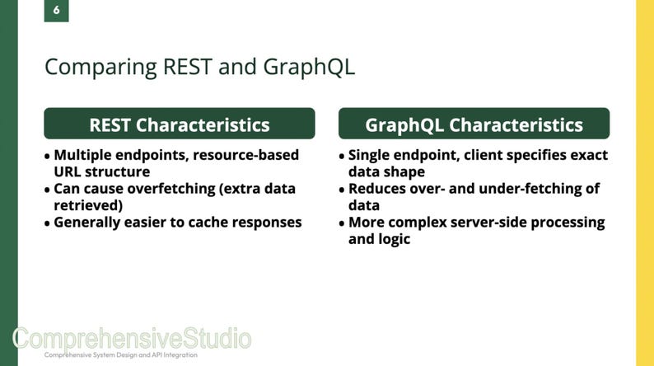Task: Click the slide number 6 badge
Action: coord(56,11)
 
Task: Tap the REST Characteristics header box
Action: coord(179,124)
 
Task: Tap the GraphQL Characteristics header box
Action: coord(474,124)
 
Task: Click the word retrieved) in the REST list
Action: coord(88,205)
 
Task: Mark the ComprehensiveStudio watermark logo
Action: coord(132,338)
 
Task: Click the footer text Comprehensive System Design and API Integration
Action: coord(120,354)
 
